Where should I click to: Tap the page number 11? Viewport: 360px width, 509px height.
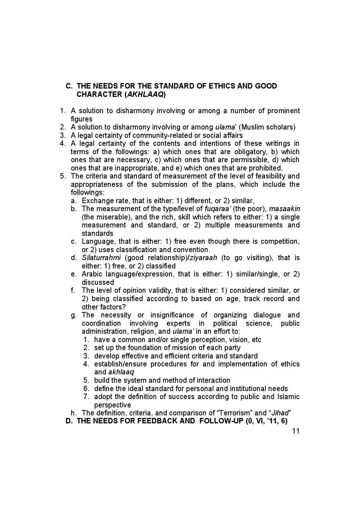(x=295, y=431)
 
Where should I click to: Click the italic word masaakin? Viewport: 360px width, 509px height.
(x=285, y=209)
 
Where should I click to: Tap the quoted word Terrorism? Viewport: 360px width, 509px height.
(x=233, y=413)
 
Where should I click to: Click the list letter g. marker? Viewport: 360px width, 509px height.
(x=74, y=315)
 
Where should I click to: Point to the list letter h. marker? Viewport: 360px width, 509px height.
(x=74, y=413)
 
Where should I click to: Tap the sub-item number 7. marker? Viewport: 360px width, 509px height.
(x=86, y=397)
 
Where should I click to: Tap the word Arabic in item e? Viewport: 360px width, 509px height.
(x=91, y=274)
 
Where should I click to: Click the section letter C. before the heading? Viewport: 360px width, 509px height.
(x=69, y=86)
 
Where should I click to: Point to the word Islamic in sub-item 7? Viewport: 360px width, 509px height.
(x=287, y=397)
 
